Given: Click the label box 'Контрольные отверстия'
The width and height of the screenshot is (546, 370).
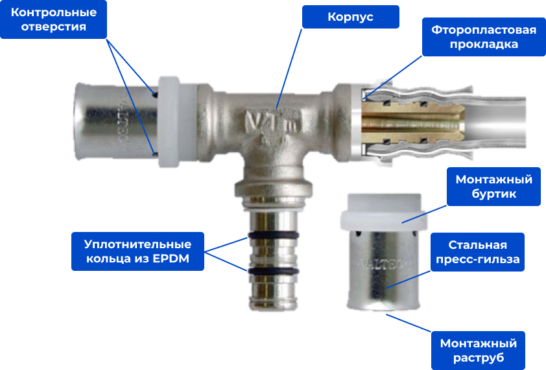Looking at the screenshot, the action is (x=53, y=19).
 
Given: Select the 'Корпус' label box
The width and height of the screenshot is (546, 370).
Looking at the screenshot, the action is (x=350, y=17).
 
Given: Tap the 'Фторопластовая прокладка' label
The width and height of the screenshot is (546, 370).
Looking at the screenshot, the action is (x=484, y=37).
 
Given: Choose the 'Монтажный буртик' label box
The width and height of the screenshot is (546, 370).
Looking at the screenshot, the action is (x=493, y=187).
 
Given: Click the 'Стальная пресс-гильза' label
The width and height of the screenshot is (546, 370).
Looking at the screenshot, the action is (x=477, y=252).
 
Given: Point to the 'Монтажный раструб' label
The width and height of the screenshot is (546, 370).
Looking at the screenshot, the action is (x=478, y=351).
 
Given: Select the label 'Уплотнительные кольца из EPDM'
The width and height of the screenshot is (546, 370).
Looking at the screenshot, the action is (x=137, y=251).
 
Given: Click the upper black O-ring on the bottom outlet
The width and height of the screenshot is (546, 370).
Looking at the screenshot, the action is (x=274, y=235).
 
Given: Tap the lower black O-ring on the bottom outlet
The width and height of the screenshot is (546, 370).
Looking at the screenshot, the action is (x=274, y=271).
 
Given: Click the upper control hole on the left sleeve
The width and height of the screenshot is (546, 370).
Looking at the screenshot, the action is (x=155, y=95).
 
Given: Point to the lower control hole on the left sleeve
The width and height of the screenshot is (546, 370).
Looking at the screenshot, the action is (x=155, y=154).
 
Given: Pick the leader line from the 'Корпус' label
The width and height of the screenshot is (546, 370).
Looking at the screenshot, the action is (x=289, y=69).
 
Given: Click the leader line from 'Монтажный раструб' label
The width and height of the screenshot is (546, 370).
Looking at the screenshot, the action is (x=409, y=323).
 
